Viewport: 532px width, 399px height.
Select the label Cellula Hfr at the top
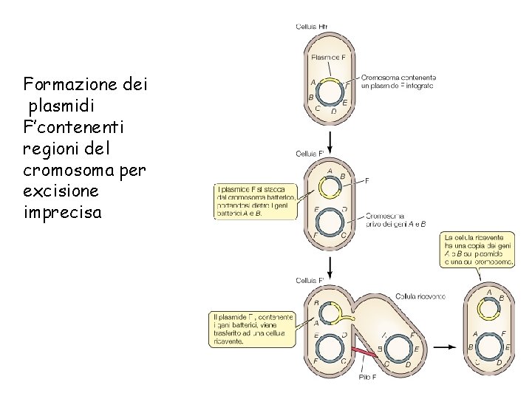311,27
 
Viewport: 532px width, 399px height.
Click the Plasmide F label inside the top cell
328,57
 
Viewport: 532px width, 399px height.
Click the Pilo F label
367,377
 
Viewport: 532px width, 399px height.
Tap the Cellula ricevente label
420,296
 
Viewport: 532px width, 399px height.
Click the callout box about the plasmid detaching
255,200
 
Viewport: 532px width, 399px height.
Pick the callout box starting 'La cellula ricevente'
478,248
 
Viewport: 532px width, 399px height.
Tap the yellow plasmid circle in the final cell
488,305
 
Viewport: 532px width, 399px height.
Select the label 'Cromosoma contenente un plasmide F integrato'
398,81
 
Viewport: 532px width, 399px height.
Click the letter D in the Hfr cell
334,112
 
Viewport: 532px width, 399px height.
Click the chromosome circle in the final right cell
488,347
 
